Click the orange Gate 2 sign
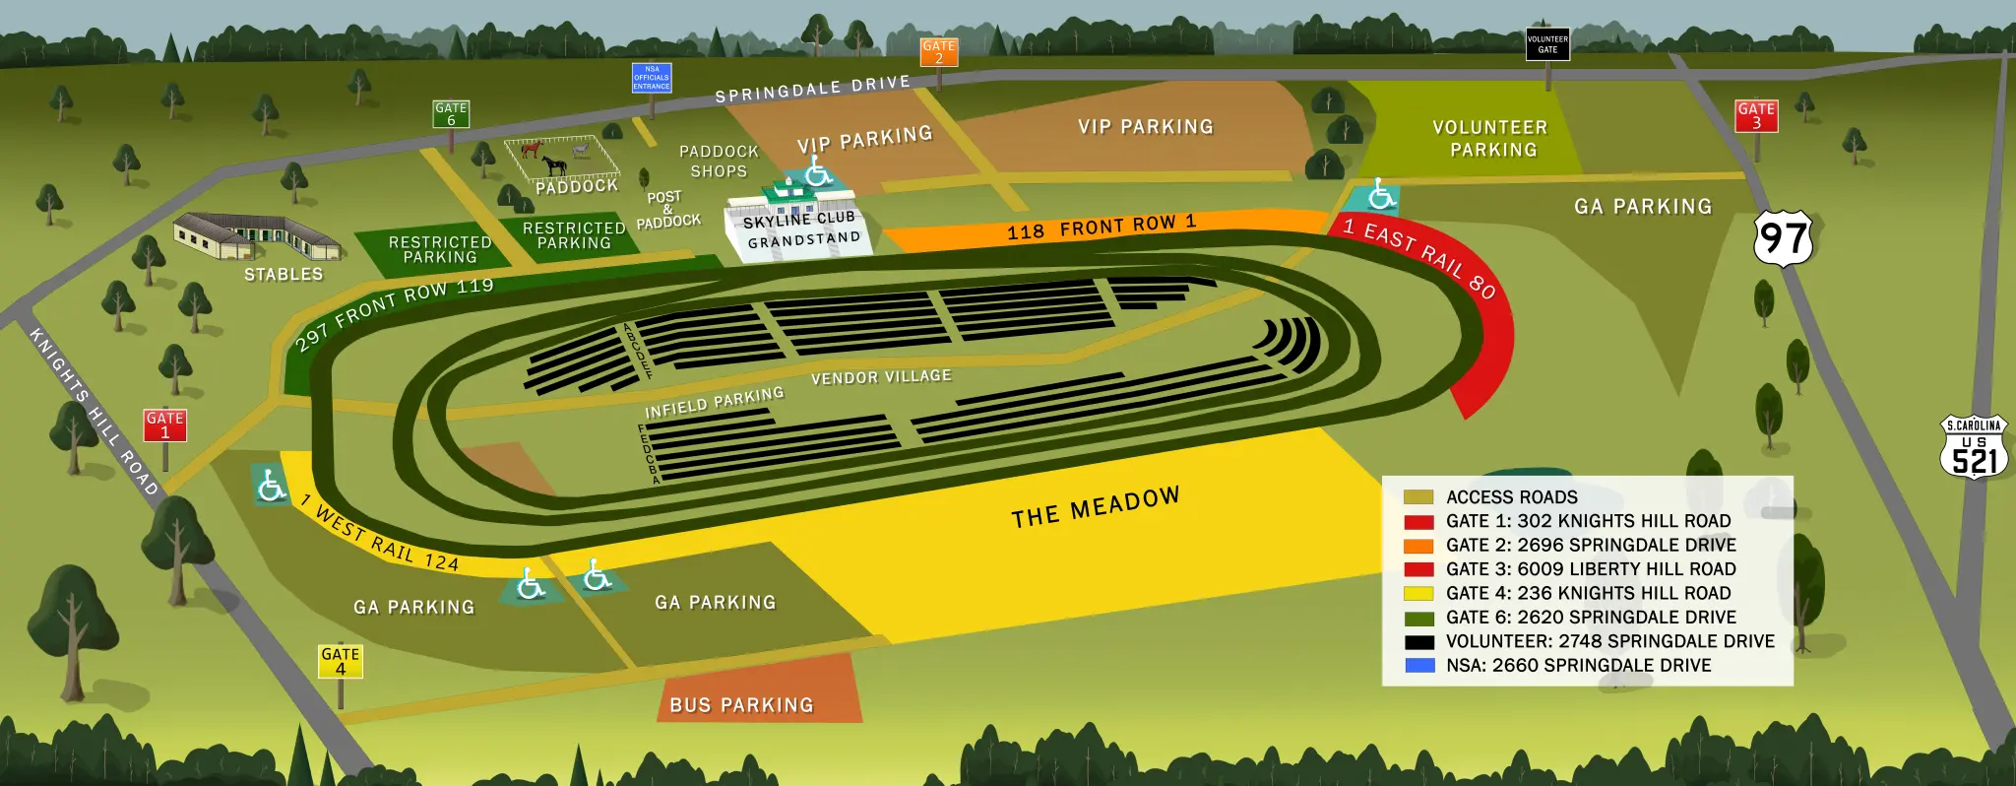click(x=938, y=51)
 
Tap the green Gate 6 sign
click(x=451, y=114)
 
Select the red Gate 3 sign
click(x=1756, y=115)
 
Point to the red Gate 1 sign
click(x=165, y=425)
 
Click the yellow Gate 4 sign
click(x=341, y=661)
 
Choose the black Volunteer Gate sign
click(x=1547, y=43)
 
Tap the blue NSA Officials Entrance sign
click(x=652, y=78)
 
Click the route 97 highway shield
click(x=1783, y=238)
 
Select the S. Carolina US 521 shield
click(x=1974, y=449)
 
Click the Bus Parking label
click(x=741, y=704)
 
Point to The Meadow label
click(x=1095, y=507)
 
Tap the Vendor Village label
click(x=881, y=376)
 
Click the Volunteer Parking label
click(x=1491, y=139)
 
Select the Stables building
click(x=256, y=237)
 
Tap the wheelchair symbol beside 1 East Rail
click(x=1381, y=195)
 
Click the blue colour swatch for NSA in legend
click(x=1418, y=665)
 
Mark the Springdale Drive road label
click(x=812, y=89)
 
